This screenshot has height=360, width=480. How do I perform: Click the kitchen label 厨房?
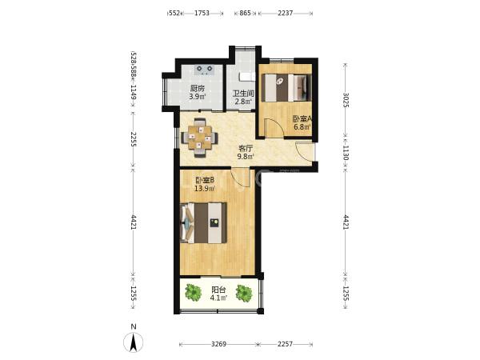click(x=197, y=89)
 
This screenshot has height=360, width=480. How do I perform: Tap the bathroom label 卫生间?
click(x=243, y=93)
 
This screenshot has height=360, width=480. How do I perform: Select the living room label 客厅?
click(x=246, y=149)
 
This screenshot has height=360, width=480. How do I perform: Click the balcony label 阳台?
click(x=218, y=290)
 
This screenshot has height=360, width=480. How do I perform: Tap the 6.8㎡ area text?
click(x=302, y=126)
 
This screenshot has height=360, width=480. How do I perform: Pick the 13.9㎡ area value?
click(x=205, y=188)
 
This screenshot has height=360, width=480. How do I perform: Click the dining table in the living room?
click(x=199, y=138)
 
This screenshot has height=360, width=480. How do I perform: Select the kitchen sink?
click(x=205, y=70)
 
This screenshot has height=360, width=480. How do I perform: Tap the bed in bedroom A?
click(x=286, y=87)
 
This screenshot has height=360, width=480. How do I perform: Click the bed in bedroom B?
click(x=203, y=222)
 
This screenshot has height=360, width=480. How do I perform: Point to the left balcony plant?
click(x=194, y=292)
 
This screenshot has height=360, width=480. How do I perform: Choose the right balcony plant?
click(x=244, y=293)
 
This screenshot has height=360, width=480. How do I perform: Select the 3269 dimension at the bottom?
click(x=218, y=344)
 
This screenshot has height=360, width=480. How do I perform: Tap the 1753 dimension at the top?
click(x=202, y=13)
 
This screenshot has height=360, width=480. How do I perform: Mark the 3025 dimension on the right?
click(x=346, y=100)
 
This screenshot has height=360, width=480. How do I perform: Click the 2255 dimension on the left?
click(x=134, y=139)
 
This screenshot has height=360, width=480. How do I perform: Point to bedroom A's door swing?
click(x=274, y=128)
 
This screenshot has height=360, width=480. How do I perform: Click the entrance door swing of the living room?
click(x=305, y=151)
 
